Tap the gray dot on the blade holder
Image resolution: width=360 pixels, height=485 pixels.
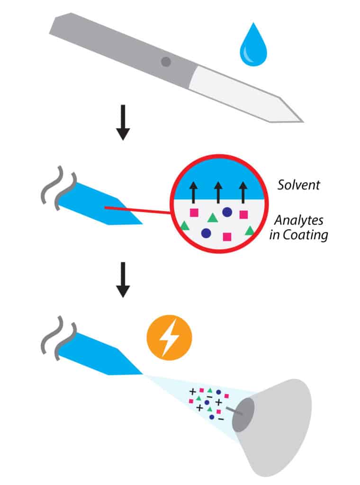click(166, 61)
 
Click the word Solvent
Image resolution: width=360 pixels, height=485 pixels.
click(298, 185)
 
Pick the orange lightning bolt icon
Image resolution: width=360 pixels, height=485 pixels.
click(169, 338)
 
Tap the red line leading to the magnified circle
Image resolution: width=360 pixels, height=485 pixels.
click(137, 209)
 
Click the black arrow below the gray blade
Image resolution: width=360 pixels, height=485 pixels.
click(123, 123)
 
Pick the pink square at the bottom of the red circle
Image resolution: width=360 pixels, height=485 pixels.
click(227, 236)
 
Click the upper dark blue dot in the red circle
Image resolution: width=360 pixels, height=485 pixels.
click(227, 212)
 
